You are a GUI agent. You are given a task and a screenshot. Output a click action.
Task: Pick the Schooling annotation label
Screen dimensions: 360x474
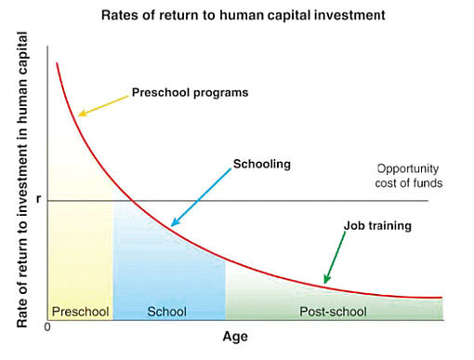[262, 164]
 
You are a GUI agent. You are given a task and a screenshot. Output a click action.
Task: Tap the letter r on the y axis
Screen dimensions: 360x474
[38, 199]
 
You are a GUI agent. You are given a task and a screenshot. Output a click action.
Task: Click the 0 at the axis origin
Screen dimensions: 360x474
[46, 327]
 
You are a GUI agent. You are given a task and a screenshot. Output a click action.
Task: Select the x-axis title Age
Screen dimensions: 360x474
[235, 336]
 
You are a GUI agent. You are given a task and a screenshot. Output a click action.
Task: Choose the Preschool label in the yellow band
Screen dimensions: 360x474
[80, 311]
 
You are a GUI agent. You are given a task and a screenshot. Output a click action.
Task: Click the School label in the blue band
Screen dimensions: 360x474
[167, 311]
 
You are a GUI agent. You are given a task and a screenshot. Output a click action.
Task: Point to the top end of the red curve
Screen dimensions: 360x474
[57, 63]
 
